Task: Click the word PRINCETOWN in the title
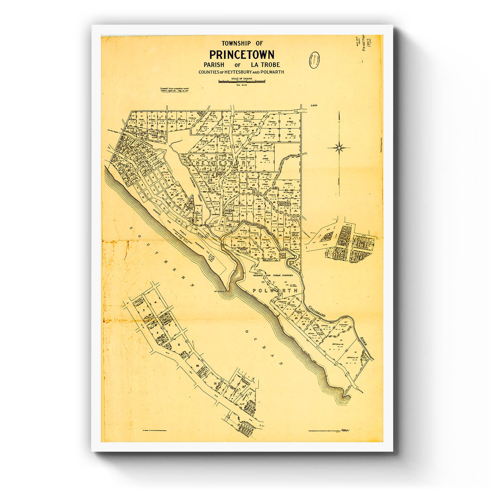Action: click(x=242, y=55)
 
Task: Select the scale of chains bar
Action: click(x=242, y=81)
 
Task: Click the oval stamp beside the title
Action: click(x=314, y=60)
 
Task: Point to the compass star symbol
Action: click(x=339, y=148)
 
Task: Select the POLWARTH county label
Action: click(x=275, y=291)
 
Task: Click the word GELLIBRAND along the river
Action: click(x=317, y=311)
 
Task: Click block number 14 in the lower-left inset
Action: click(x=197, y=366)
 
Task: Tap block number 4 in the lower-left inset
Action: click(x=156, y=302)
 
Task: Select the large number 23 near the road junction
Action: click(x=229, y=211)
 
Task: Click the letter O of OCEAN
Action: click(x=247, y=332)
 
